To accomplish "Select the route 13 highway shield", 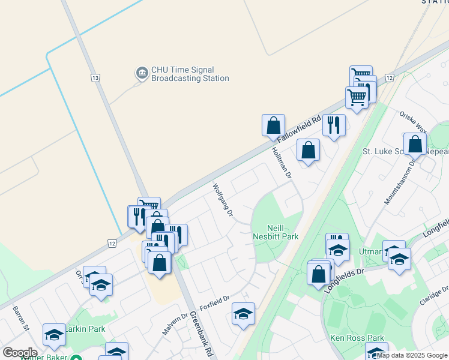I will coord(95,78).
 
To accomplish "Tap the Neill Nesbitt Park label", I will coord(283,232).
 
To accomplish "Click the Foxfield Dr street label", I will coord(215,302).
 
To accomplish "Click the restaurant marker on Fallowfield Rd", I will coord(334,125).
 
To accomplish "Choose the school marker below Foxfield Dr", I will coord(243,314).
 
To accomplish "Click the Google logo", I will coord(19,352).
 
